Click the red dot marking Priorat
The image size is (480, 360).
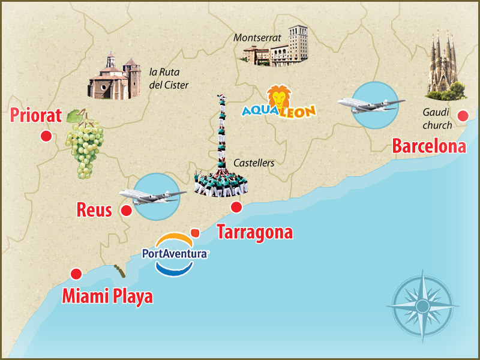(x=45, y=136)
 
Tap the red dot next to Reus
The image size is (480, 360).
(x=126, y=211)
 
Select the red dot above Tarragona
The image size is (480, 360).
(x=236, y=208)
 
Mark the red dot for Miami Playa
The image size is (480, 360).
(x=76, y=274)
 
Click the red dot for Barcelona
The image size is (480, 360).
(x=463, y=116)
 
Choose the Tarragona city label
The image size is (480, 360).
(x=254, y=232)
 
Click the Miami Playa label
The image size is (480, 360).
(x=107, y=296)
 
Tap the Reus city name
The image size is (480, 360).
(x=95, y=210)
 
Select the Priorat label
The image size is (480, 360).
(x=37, y=115)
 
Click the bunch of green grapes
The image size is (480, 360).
(x=84, y=142)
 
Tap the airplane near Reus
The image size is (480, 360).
(x=152, y=196)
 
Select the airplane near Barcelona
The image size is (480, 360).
(x=368, y=104)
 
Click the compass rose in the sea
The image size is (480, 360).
(x=422, y=306)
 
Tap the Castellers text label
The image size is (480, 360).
(x=254, y=163)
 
